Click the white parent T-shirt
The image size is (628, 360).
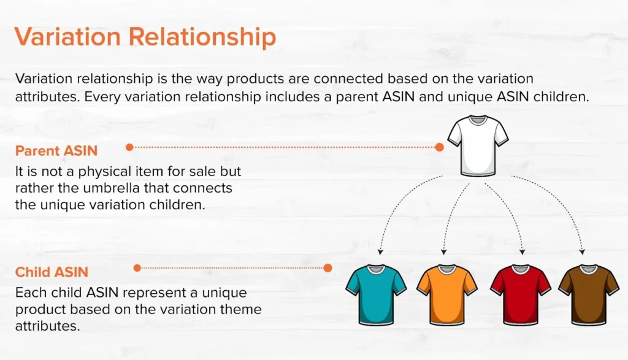(478, 146)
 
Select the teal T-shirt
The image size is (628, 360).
(376, 295)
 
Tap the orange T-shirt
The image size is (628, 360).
(447, 295)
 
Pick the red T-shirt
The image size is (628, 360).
(520, 295)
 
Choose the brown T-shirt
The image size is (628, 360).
(589, 295)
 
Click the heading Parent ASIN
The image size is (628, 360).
(56, 151)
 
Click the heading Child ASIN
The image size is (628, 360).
(52, 272)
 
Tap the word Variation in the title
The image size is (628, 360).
(67, 36)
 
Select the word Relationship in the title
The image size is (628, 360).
(202, 37)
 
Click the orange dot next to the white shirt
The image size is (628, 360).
(439, 147)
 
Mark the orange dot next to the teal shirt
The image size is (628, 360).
(327, 268)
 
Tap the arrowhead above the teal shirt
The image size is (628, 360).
(380, 252)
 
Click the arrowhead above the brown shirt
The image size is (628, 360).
(583, 252)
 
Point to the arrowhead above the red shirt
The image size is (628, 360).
(522, 252)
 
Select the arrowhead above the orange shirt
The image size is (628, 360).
(443, 252)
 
